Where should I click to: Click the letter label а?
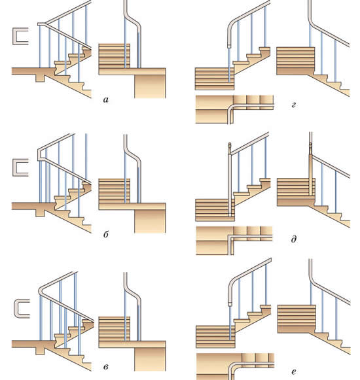coord(106,99)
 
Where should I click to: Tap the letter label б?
coord(106,234)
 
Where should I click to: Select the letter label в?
coord(106,367)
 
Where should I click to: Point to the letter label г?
coord(293,105)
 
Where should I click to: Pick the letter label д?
coord(293,239)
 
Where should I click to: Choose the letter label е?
coord(294,371)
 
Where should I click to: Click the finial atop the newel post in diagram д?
coord(230,146)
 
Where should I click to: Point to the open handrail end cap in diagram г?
coord(230,46)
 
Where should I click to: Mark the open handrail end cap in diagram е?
coord(230,304)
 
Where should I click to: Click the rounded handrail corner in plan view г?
coord(231,107)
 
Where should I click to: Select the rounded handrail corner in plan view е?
coord(232,366)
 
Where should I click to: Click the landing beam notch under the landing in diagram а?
coord(41,78)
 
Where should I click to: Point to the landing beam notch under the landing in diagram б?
coord(41,213)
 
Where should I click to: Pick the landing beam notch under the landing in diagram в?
coord(41,351)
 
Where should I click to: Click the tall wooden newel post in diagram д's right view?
coord(310,175)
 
